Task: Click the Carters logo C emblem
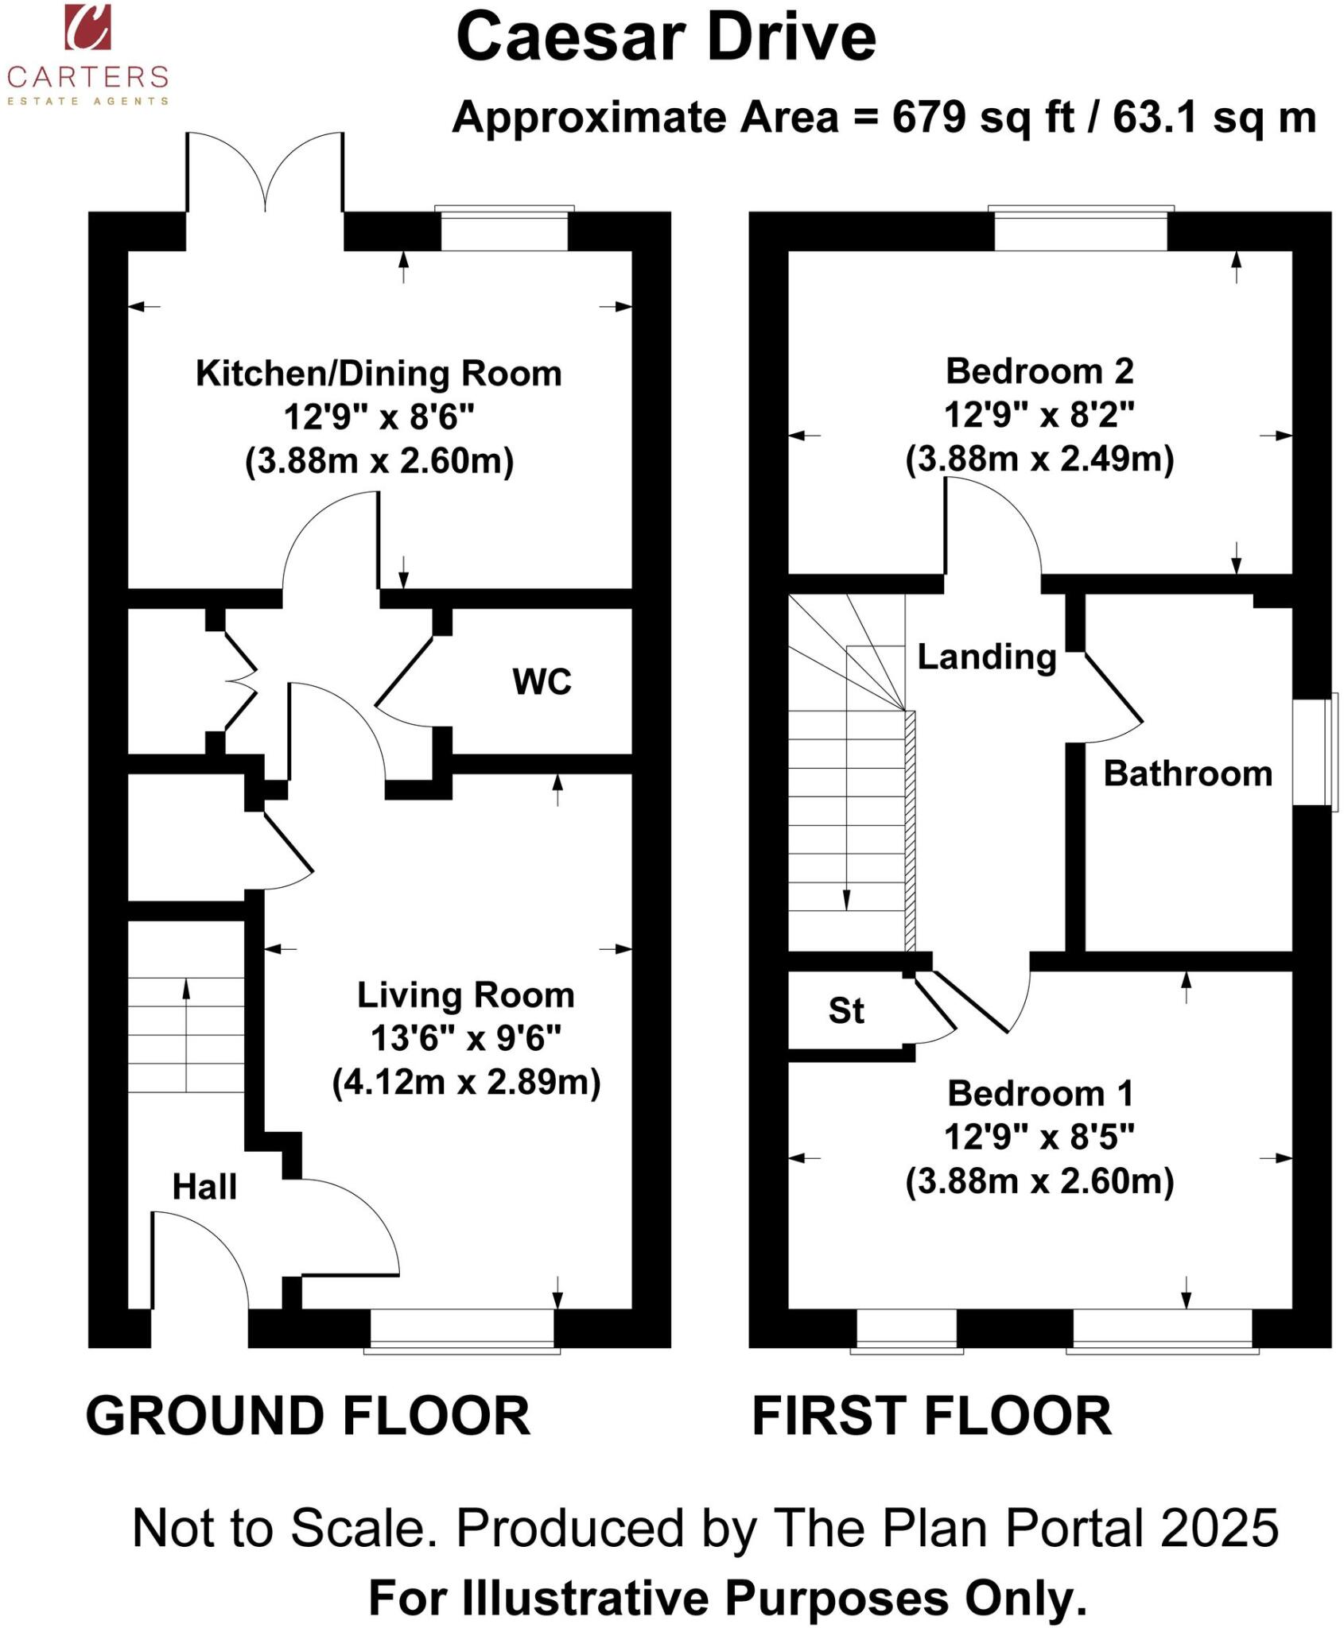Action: point(87,27)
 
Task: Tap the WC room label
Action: point(542,682)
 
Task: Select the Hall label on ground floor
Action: point(204,1187)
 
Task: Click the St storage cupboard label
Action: point(845,1011)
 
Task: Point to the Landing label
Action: point(986,657)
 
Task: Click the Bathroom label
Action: point(1187,773)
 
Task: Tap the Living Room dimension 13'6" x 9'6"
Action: point(466,1038)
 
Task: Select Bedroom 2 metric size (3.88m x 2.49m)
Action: point(1039,459)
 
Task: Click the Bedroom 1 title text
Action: point(1039,1094)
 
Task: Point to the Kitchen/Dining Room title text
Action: point(379,373)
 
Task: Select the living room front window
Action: point(462,1330)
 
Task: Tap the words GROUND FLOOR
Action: point(308,1416)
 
